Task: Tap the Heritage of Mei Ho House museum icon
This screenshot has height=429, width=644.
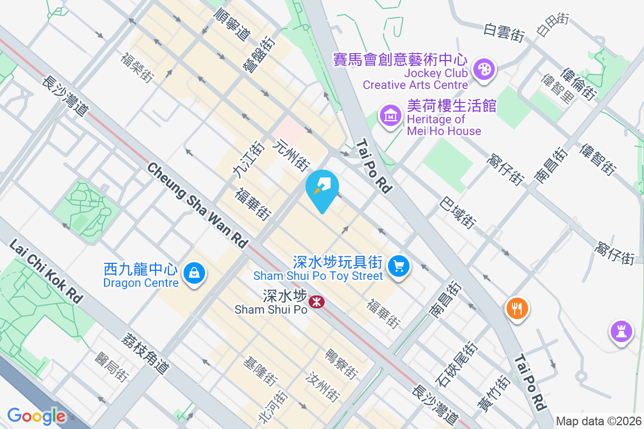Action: pyautogui.click(x=391, y=115)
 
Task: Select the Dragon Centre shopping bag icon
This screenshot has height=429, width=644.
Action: pyautogui.click(x=194, y=274)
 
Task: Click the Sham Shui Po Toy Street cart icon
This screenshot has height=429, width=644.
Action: pyautogui.click(x=399, y=265)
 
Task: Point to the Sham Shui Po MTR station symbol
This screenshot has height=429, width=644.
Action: pyautogui.click(x=316, y=303)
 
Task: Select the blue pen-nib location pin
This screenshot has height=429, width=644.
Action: pyautogui.click(x=322, y=188)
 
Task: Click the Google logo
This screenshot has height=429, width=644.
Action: pyautogui.click(x=36, y=416)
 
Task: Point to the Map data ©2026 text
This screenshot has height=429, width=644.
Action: pyautogui.click(x=598, y=421)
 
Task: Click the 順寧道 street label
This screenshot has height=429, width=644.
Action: pyautogui.click(x=232, y=25)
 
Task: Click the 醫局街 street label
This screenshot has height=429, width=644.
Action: pyautogui.click(x=112, y=367)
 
